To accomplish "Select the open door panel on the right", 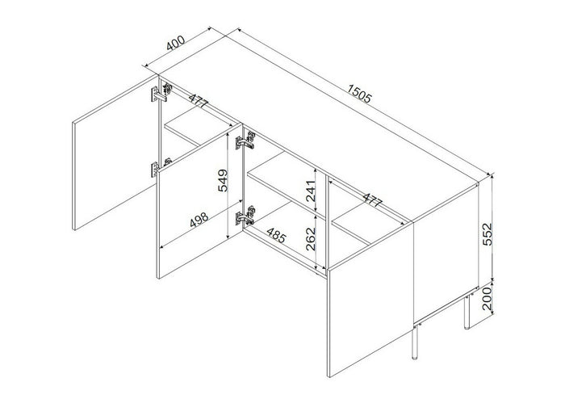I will click(x=370, y=307).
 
